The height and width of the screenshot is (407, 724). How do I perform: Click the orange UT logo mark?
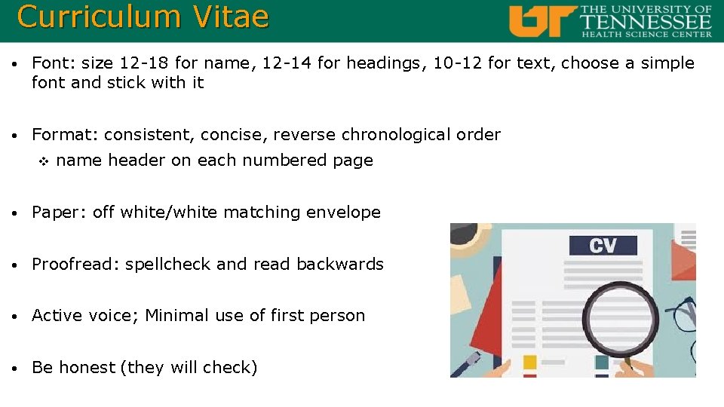(541, 20)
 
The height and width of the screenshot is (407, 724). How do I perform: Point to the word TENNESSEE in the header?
(646, 21)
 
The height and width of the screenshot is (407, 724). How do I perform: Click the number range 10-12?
(458, 63)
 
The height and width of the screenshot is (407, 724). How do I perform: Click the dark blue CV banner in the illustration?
(603, 245)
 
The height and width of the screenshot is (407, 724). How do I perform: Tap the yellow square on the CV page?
(529, 363)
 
